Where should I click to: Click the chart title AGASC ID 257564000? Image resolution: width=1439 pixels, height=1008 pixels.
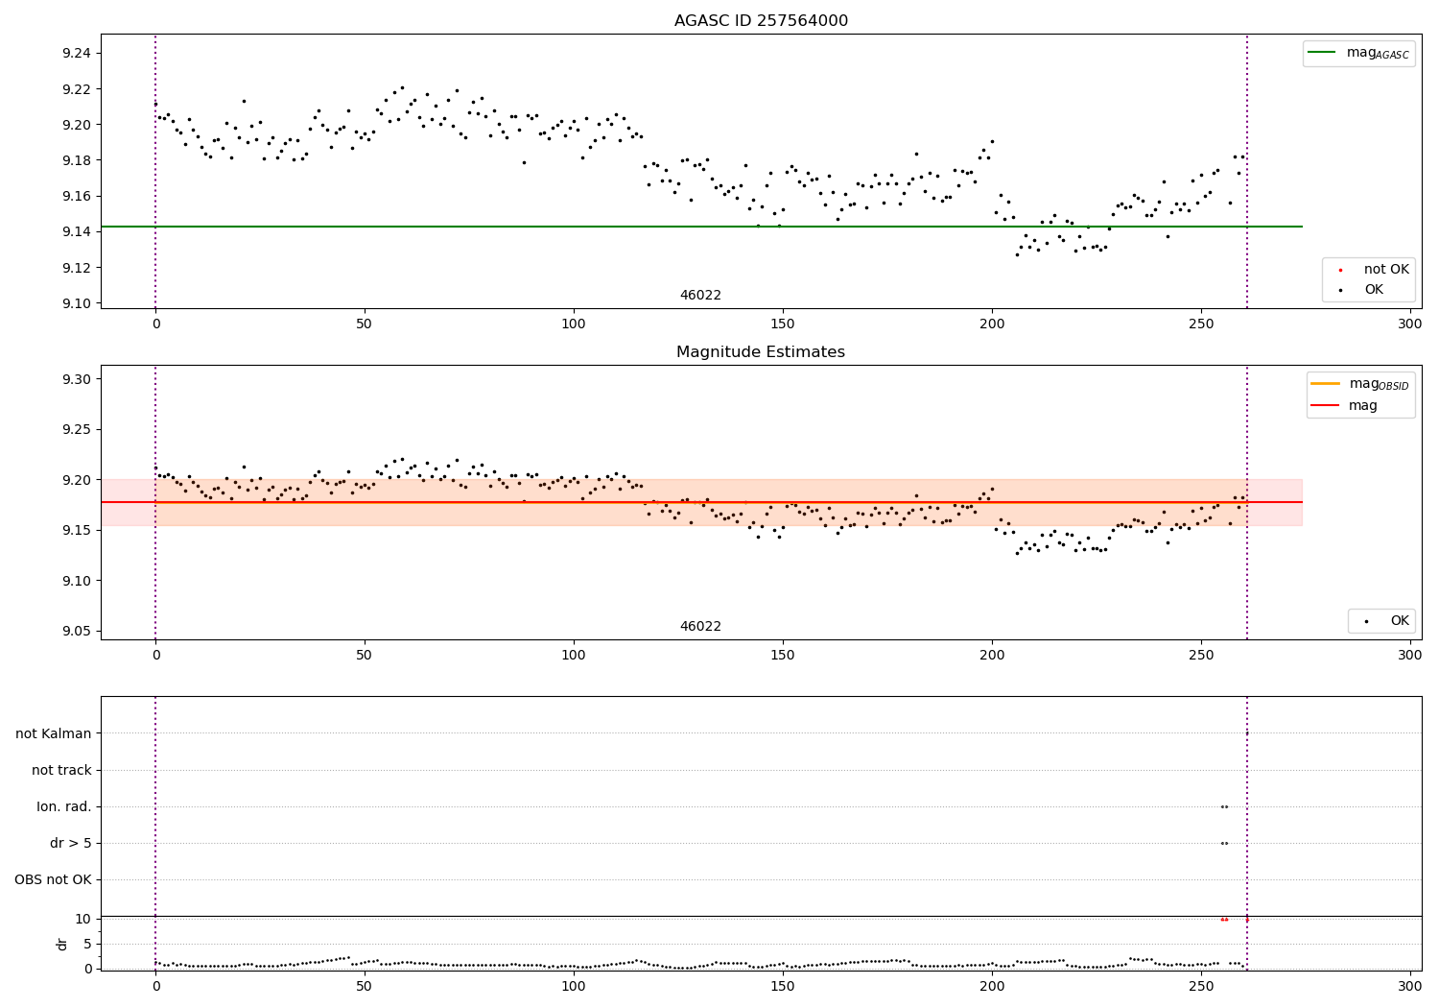click(761, 21)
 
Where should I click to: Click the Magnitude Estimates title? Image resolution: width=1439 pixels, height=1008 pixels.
click(761, 352)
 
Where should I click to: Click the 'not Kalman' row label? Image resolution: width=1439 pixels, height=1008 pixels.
click(54, 733)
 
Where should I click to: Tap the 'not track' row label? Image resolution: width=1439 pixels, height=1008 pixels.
click(61, 770)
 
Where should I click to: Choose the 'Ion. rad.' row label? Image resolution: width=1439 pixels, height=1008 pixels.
click(64, 806)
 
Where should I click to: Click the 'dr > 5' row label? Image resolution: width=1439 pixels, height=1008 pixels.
click(71, 843)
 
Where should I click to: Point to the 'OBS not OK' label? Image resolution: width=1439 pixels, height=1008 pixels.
click(54, 879)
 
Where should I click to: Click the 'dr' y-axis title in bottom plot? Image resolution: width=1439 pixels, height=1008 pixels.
click(62, 944)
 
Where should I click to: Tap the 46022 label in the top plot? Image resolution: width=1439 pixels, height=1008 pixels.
click(700, 296)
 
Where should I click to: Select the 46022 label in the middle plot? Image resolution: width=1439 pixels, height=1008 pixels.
click(700, 627)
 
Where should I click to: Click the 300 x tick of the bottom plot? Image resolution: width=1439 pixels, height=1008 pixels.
click(1409, 986)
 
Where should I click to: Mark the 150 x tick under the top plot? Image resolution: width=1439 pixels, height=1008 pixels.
click(783, 324)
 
